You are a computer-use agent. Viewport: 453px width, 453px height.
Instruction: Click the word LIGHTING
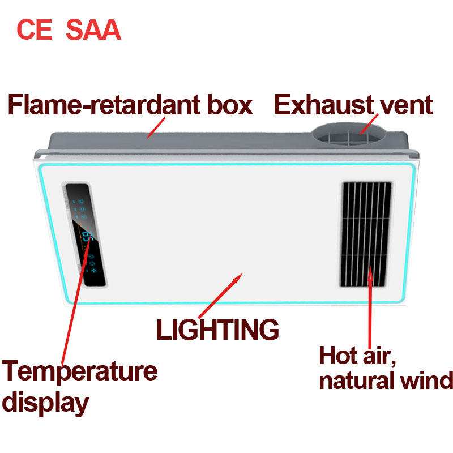[217, 330]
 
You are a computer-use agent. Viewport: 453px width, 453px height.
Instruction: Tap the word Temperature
[80, 371]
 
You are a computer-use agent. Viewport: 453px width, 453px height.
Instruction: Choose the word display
[45, 403]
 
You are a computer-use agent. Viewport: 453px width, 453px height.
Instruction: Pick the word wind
[427, 380]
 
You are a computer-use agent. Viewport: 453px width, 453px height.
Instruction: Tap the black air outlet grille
[366, 233]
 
